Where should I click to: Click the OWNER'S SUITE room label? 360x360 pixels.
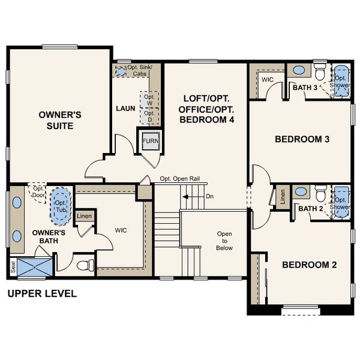(56, 120)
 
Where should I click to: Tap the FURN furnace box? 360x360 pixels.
(149, 142)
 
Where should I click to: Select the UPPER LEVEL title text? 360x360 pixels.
(41, 294)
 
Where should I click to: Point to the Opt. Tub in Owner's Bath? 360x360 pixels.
(60, 203)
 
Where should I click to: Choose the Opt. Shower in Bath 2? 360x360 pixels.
(341, 199)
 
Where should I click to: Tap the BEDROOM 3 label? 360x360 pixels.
(302, 139)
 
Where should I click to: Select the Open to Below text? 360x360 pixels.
(224, 241)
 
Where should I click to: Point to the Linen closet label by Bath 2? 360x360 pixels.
(281, 198)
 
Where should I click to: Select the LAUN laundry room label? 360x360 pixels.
(125, 109)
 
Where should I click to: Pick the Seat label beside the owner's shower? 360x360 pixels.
(13, 265)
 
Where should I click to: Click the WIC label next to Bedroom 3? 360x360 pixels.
(267, 79)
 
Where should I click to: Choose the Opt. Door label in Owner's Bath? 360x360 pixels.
(40, 191)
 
